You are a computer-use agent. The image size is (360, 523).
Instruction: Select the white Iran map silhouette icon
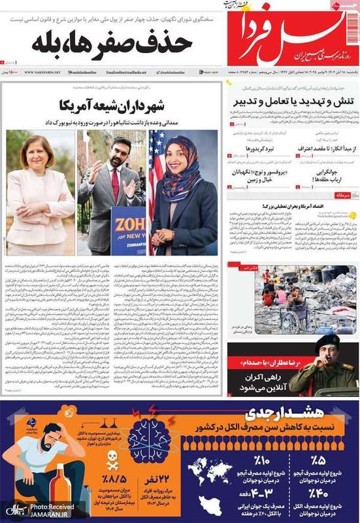(210, 503)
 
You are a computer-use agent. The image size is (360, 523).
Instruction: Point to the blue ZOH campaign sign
(127, 229)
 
